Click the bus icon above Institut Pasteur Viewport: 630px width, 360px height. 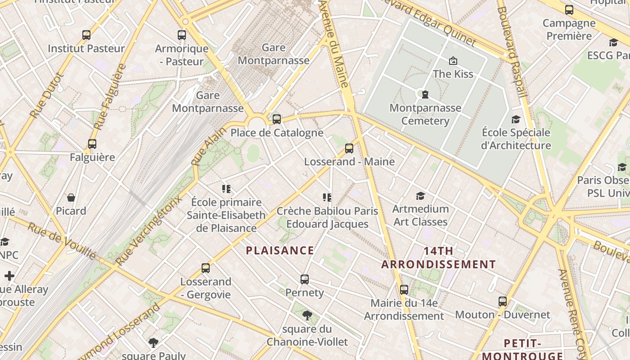tap(86, 35)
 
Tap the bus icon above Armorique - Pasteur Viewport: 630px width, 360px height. tap(182, 35)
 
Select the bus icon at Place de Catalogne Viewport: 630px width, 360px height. tap(277, 119)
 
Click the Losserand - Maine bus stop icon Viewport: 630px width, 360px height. tap(349, 148)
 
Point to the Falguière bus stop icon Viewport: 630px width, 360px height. tap(92, 144)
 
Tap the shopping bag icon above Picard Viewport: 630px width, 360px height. tap(71, 198)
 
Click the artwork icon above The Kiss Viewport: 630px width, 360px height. tap(453, 60)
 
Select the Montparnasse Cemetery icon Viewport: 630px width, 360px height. tap(425, 94)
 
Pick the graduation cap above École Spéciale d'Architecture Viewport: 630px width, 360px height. tap(516, 119)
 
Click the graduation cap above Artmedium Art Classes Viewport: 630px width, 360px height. tap(420, 196)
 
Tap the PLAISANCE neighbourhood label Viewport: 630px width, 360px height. tap(280, 251)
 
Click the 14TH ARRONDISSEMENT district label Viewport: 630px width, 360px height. tap(439, 257)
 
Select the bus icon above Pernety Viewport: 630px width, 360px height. tap(305, 279)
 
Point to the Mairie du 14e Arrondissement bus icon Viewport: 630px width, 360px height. tap(404, 290)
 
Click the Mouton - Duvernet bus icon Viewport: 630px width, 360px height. tap(503, 301)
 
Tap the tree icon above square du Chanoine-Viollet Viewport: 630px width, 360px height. tap(307, 315)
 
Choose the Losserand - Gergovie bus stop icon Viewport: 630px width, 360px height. tap(206, 268)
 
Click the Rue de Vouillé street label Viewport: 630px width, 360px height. tap(62, 241)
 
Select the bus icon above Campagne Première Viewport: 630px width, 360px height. tap(569, 9)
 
